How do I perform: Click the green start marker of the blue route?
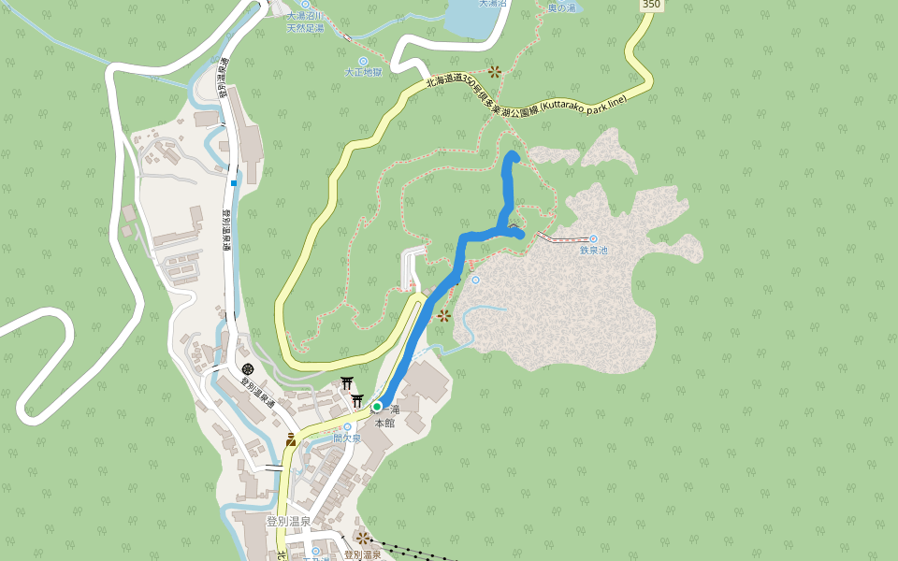[x=377, y=407]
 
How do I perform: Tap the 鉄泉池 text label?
[x=593, y=250]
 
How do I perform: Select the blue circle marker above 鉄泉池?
[x=593, y=238]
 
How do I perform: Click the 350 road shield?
[x=652, y=5]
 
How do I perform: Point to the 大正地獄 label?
[x=363, y=72]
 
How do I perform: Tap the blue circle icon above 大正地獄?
[x=363, y=62]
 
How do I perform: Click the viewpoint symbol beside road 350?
[x=494, y=71]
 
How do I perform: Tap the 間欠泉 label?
[x=347, y=438]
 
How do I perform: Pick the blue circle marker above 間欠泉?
[x=347, y=426]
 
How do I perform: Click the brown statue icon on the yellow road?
[x=292, y=439]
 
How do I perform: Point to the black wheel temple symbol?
[x=248, y=369]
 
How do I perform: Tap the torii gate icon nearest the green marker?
[x=356, y=401]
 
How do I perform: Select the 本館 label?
[x=384, y=423]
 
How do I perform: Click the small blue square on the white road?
[x=233, y=183]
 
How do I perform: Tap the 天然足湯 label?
[x=305, y=28]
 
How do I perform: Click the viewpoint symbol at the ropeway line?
[x=362, y=538]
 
